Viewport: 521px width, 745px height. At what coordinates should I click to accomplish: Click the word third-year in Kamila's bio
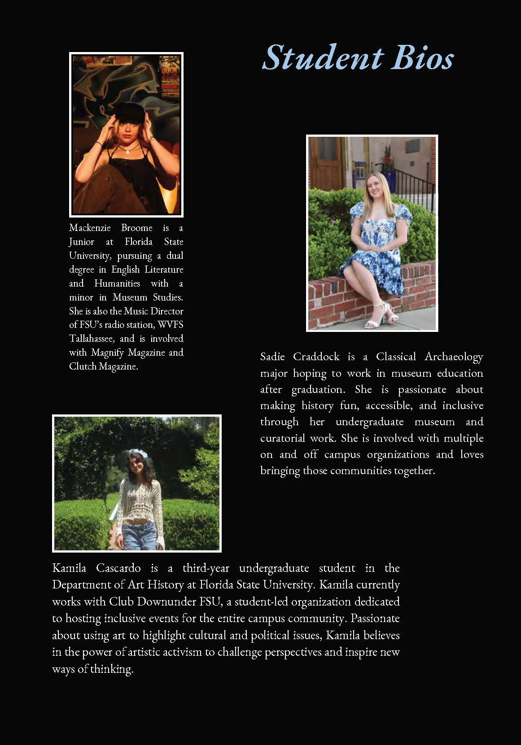tap(206, 568)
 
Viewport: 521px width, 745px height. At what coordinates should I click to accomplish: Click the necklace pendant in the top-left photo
tap(127, 151)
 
